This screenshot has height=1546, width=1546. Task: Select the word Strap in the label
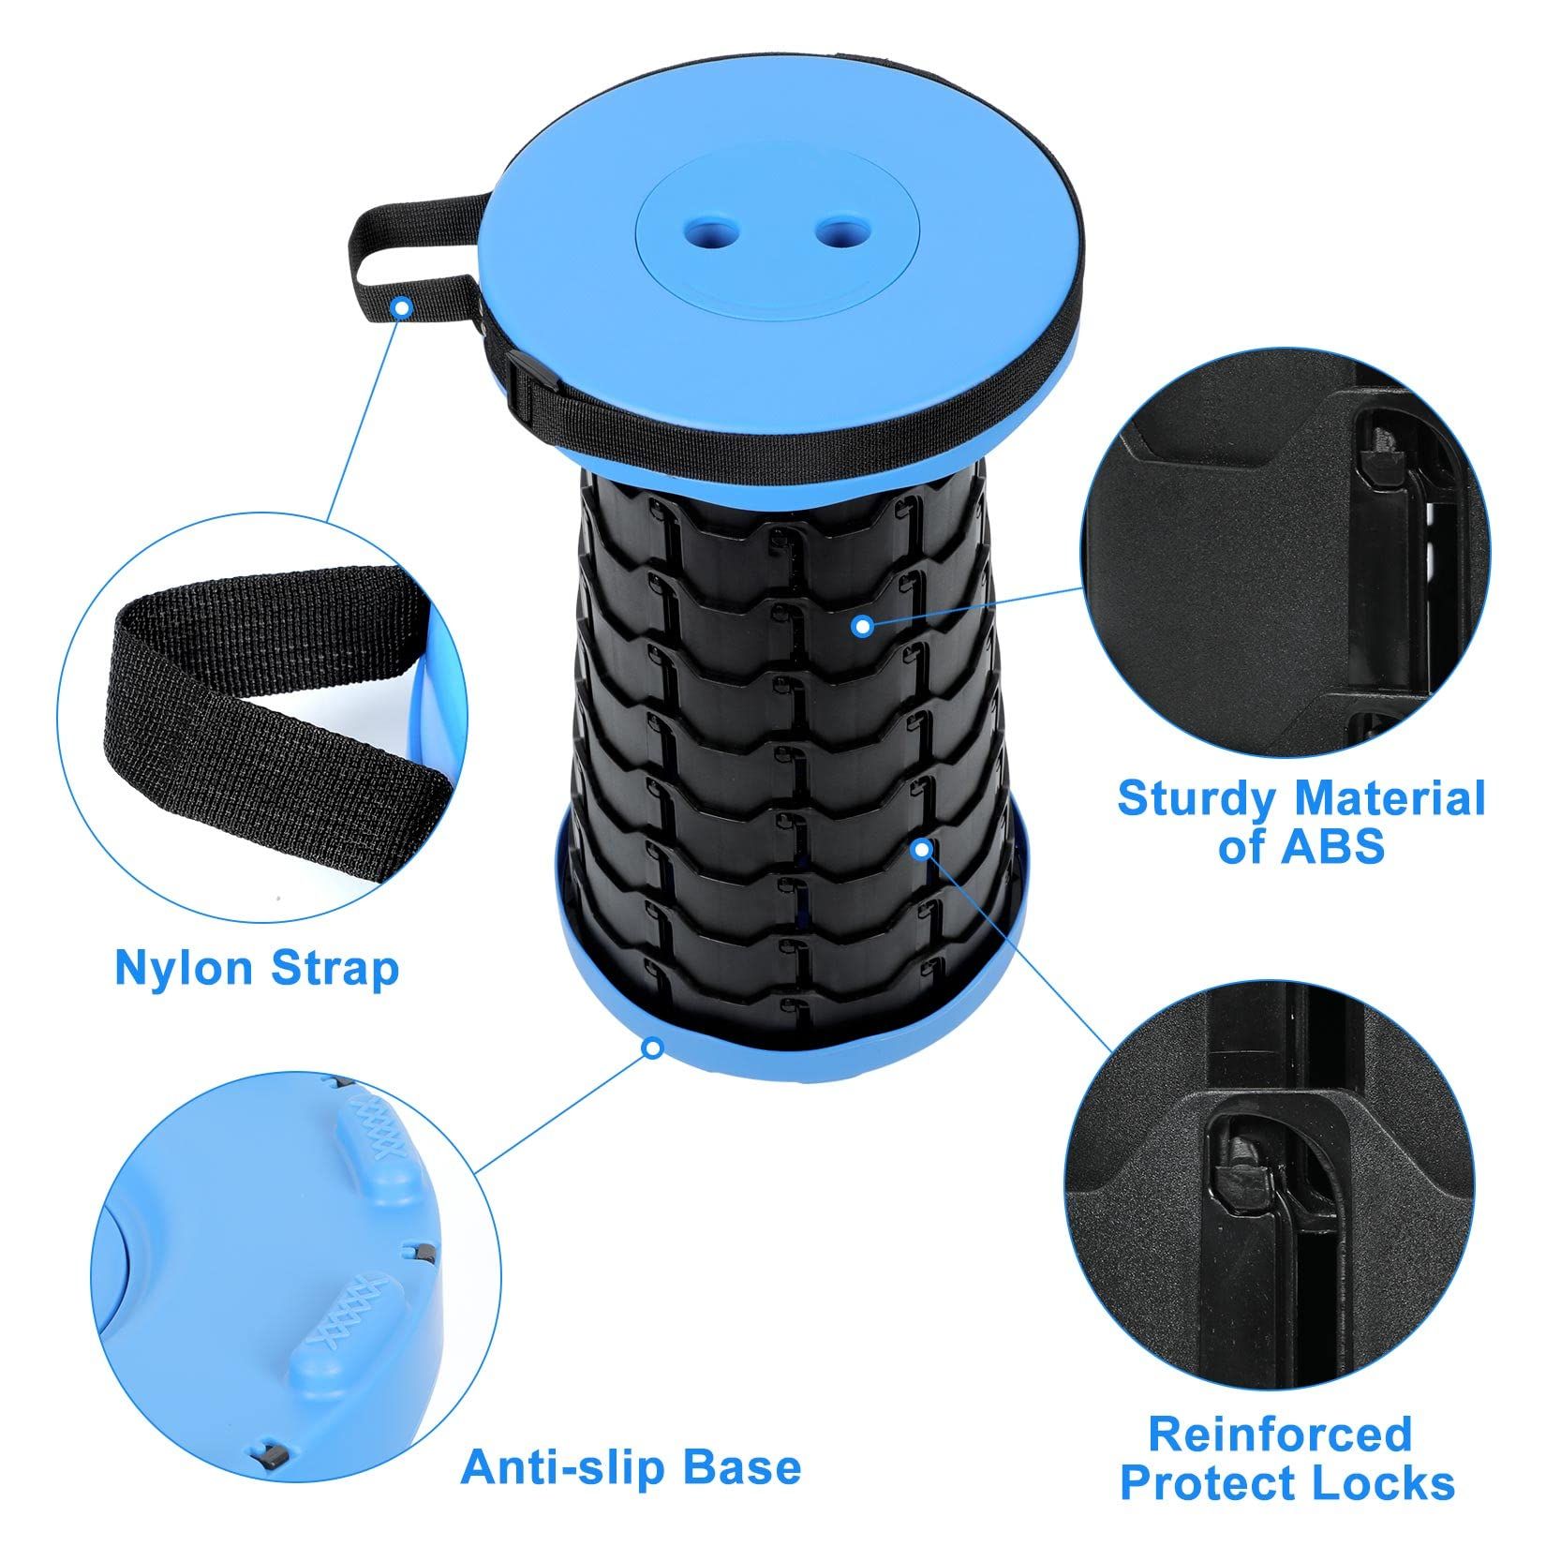pos(335,968)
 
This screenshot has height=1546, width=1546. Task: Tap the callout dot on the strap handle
pos(402,305)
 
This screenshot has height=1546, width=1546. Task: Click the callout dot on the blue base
pos(652,1047)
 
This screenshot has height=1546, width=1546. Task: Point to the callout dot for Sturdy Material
pos(863,625)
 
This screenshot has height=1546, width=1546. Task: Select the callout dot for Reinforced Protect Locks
pos(922,849)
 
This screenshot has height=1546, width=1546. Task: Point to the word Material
pos(1390,799)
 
